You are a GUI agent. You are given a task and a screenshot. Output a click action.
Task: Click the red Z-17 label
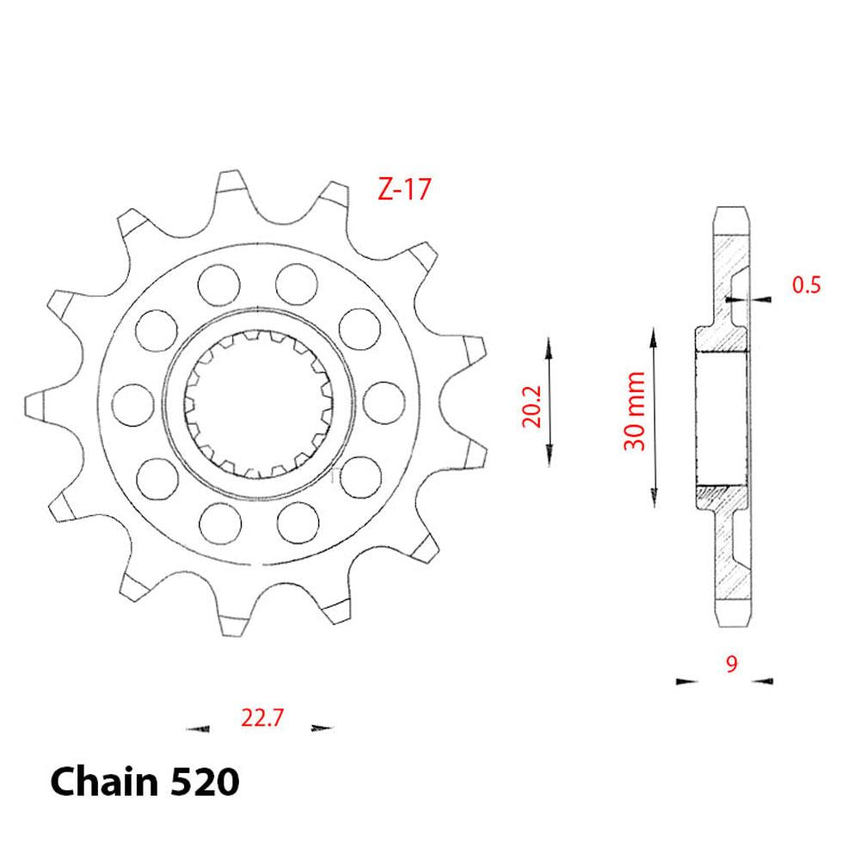pyautogui.click(x=403, y=189)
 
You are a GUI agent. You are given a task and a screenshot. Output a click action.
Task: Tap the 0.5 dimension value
pyautogui.click(x=805, y=285)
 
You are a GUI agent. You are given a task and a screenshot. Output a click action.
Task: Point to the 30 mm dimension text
pyautogui.click(x=635, y=411)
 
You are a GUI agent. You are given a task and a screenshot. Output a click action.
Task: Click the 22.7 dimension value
pyautogui.click(x=259, y=717)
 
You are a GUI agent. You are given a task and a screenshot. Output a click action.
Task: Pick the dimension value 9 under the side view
pyautogui.click(x=730, y=663)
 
